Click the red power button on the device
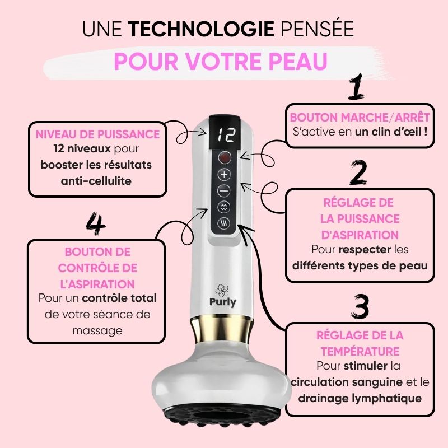pyautogui.click(x=225, y=157)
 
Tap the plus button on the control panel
pyautogui.click(x=225, y=174)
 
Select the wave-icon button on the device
pyautogui.click(x=224, y=207)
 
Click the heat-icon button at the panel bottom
pyautogui.click(x=223, y=223)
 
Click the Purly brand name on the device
pyautogui.click(x=223, y=302)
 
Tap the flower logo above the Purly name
pyautogui.click(x=222, y=290)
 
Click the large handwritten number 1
pyautogui.click(x=356, y=87)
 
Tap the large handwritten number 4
pyautogui.click(x=96, y=224)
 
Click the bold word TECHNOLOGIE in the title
pyautogui.click(x=201, y=29)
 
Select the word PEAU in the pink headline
pyautogui.click(x=298, y=61)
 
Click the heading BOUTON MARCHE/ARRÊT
pyautogui.click(x=360, y=117)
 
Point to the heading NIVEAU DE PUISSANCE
pyautogui.click(x=97, y=134)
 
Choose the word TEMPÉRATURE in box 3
pyautogui.click(x=360, y=352)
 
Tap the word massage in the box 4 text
pyautogui.click(x=97, y=331)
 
